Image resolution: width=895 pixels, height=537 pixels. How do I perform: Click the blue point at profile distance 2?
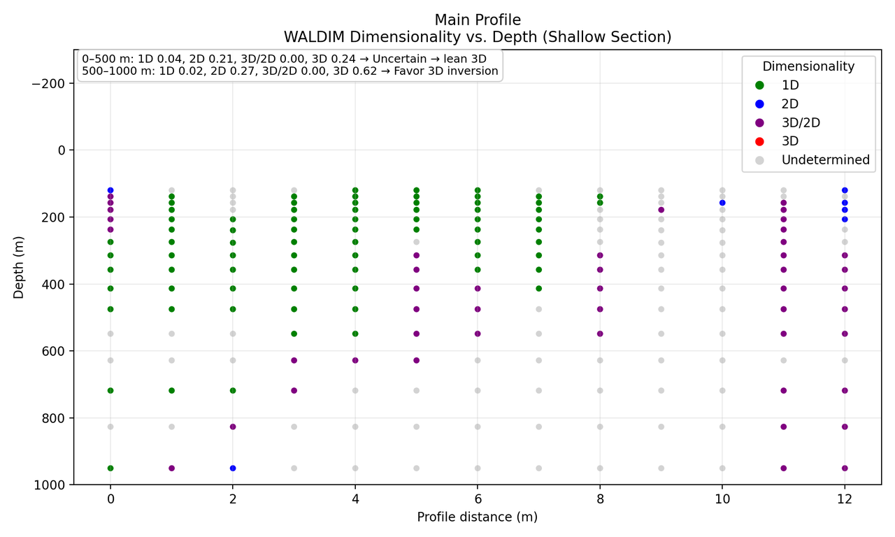click(233, 468)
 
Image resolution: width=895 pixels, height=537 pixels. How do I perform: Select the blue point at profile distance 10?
click(722, 203)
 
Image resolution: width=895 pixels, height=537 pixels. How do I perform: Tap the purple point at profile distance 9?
click(661, 210)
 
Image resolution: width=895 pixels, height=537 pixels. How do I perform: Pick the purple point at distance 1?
click(171, 468)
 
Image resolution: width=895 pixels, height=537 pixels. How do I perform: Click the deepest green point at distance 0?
click(110, 468)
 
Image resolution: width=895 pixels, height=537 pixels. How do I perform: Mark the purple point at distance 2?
click(233, 427)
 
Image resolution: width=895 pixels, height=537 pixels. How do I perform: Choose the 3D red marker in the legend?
click(759, 141)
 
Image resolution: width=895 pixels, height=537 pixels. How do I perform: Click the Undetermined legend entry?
click(825, 160)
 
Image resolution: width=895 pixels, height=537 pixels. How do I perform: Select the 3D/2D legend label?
click(801, 122)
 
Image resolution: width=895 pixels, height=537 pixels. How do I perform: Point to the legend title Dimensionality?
click(808, 66)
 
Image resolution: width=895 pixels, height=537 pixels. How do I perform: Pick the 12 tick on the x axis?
click(845, 499)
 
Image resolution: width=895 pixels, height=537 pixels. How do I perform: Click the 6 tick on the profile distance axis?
click(478, 499)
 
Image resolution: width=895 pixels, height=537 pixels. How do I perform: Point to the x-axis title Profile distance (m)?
click(478, 517)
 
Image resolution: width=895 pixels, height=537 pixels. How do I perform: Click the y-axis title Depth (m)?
click(19, 267)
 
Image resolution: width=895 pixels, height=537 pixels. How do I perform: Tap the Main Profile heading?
click(478, 20)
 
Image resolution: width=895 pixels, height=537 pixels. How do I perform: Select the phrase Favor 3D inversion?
click(447, 71)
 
